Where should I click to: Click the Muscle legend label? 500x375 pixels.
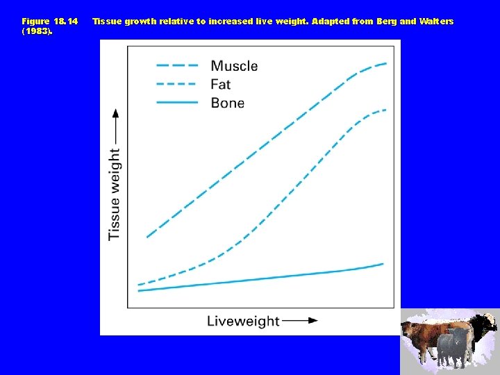[234, 66]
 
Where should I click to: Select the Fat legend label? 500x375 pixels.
[221, 85]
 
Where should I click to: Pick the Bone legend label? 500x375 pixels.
[227, 103]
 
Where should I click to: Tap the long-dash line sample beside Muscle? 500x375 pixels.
[177, 66]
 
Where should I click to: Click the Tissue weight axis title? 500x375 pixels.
[115, 194]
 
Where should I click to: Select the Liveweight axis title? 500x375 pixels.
[243, 321]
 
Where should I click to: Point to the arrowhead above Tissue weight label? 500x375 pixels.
[115, 112]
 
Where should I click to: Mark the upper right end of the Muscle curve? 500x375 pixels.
[386, 63]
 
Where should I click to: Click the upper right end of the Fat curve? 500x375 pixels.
[385, 110]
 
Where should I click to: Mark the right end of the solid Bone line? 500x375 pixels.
[383, 264]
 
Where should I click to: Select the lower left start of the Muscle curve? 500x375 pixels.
[147, 237]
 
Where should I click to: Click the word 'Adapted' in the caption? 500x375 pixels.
[331, 22]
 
